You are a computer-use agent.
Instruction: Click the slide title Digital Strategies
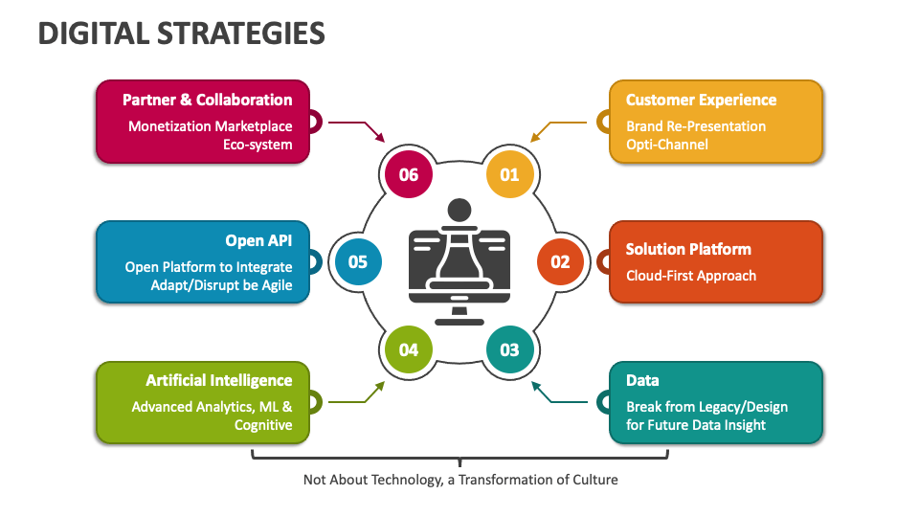[182, 34]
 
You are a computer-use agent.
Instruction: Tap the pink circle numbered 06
[409, 174]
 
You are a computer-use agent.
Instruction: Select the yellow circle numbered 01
[509, 174]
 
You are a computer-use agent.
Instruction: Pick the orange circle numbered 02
[560, 261]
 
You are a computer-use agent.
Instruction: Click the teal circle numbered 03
[509, 349]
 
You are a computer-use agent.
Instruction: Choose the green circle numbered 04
[409, 349]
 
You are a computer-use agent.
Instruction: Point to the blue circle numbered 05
[358, 261]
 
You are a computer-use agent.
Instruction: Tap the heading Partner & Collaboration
[207, 100]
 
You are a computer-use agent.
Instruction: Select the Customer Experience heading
[701, 100]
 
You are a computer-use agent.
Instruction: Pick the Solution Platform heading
[688, 249]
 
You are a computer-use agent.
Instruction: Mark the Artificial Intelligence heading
[219, 380]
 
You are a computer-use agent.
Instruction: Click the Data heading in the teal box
[642, 380]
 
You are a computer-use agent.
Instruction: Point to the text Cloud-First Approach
[691, 276]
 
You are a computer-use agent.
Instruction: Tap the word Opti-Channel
[667, 145]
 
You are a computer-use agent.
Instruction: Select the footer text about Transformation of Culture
[460, 479]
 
